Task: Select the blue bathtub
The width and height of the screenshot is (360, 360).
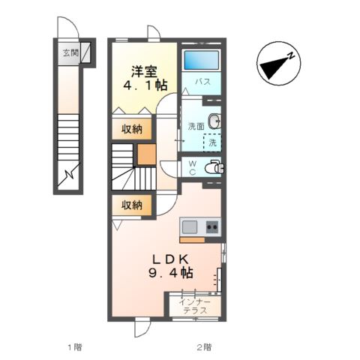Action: (201, 60)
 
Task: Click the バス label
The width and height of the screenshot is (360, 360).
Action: (202, 82)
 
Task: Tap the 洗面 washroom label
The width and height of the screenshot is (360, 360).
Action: (196, 126)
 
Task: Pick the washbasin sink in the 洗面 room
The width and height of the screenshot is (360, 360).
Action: (216, 120)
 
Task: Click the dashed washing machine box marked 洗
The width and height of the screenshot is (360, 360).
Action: (213, 142)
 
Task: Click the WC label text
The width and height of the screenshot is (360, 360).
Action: (192, 166)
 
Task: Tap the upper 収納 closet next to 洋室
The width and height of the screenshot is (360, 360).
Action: (132, 129)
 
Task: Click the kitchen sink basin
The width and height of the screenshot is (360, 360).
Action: (190, 226)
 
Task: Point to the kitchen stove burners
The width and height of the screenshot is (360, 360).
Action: (212, 226)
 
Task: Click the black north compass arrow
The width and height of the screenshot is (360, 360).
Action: (278, 64)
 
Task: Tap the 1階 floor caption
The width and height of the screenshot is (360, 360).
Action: (73, 347)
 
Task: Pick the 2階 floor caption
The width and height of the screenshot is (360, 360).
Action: (204, 347)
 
